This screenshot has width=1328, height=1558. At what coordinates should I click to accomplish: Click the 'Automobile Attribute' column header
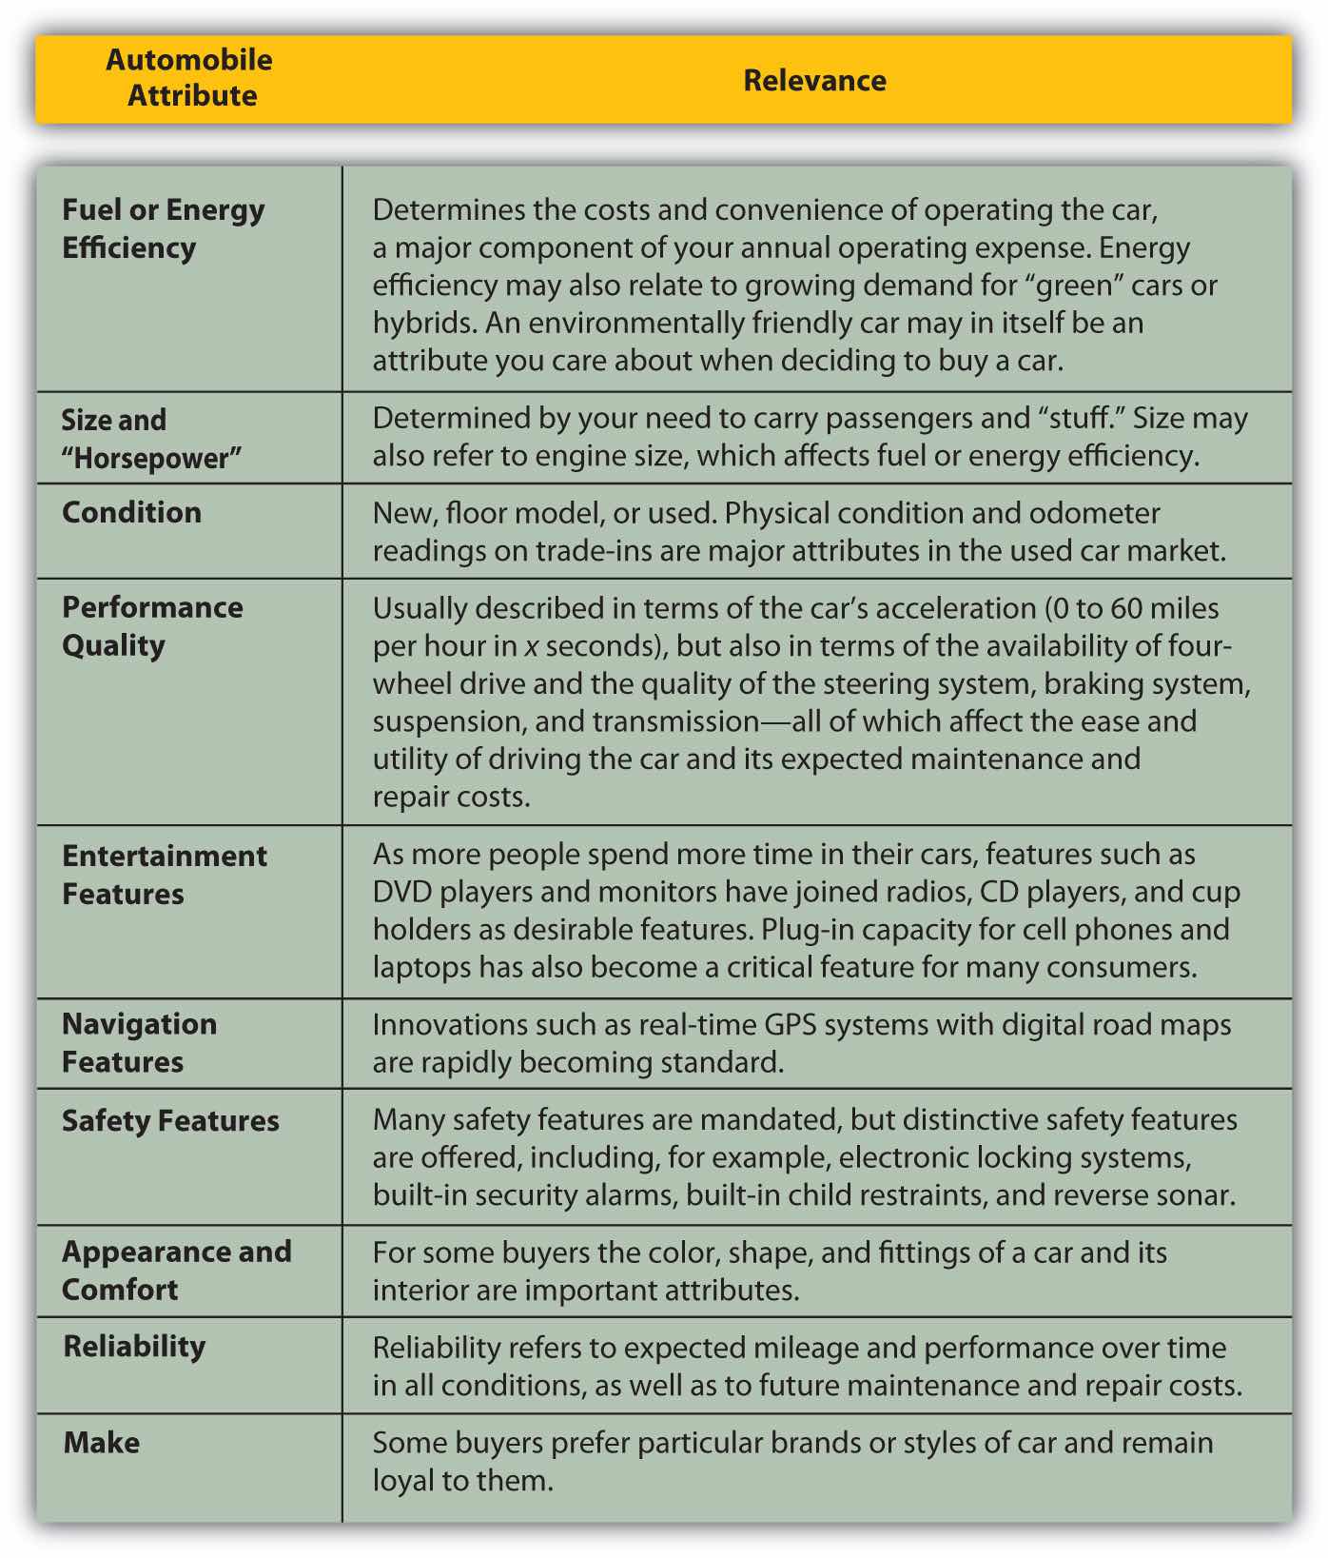pos(189,78)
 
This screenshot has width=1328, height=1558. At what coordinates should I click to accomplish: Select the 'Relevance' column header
pos(814,80)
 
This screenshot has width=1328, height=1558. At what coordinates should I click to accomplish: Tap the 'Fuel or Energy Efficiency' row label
pos(163,228)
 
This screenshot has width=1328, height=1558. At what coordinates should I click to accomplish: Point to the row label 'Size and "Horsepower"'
pos(151,439)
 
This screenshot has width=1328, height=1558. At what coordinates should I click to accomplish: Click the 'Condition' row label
pos(131,512)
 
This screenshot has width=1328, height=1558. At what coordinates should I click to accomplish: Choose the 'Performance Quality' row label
pos(152,626)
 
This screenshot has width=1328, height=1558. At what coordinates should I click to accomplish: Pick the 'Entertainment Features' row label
pos(164,875)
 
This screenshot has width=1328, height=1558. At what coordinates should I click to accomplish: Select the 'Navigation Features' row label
pos(139,1043)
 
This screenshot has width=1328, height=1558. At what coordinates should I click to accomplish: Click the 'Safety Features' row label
pos(170,1120)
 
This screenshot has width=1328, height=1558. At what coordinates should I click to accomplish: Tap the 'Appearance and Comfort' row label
pos(176,1271)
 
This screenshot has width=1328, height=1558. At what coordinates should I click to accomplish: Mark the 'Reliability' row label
pos(134,1347)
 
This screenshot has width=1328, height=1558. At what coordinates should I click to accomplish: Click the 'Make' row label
pos(102,1443)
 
